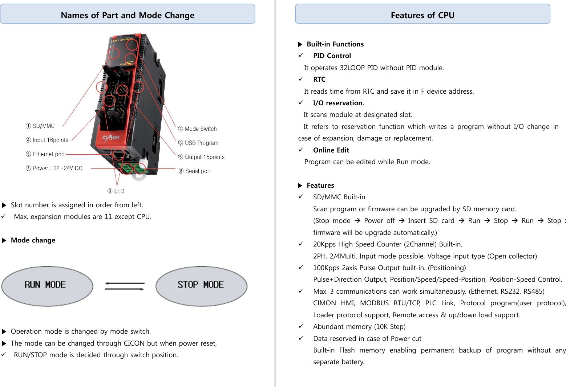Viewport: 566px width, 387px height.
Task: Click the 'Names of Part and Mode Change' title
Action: coord(128,15)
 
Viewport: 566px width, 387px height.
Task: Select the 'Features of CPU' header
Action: coord(423,15)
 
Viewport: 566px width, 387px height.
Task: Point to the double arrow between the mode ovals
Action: coord(124,286)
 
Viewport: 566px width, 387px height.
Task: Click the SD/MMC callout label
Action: coord(40,126)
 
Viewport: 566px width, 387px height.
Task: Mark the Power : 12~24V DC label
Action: coord(54,168)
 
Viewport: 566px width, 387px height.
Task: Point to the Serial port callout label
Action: coord(195,171)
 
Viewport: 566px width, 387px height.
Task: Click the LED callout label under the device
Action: coord(116,191)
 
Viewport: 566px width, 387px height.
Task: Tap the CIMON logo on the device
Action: coord(111,138)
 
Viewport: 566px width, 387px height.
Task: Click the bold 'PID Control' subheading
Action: coord(332,56)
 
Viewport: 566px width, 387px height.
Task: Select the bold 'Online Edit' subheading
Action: coord(331,150)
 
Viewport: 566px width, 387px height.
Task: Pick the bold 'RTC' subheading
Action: coord(319,80)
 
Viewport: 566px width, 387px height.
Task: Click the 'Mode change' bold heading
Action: coord(33,240)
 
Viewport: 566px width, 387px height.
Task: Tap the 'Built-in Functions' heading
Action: coord(335,44)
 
